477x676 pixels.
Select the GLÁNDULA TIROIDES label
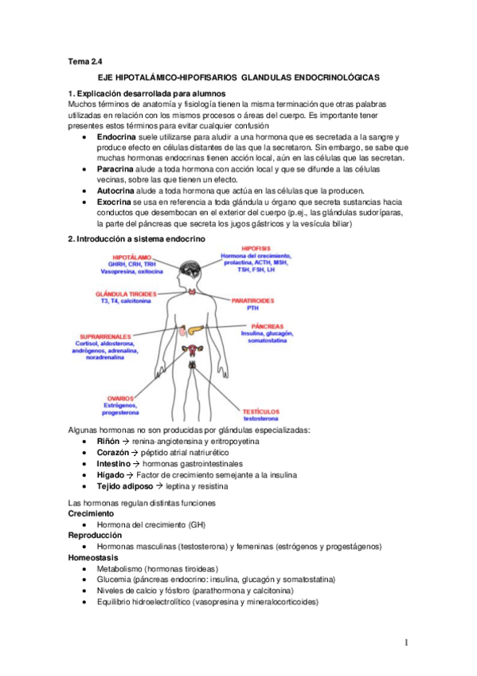click(126, 293)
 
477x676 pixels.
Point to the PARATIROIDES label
click(254, 301)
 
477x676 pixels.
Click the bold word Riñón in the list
click(108, 441)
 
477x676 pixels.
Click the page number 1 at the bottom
click(406, 643)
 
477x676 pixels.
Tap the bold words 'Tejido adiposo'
click(125, 485)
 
